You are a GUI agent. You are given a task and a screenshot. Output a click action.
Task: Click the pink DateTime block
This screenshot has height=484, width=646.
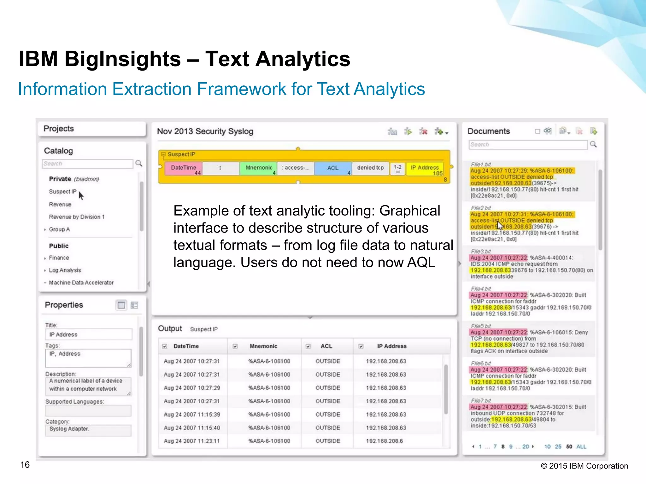[x=183, y=168]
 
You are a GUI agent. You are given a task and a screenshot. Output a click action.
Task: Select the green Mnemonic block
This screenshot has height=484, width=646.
[x=258, y=168]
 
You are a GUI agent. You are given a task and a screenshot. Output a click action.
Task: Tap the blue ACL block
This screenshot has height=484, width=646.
[x=333, y=168]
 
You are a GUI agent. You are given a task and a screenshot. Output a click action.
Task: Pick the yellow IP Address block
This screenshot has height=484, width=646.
[x=425, y=168]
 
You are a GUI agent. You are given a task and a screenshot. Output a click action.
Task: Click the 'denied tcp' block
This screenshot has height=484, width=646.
[x=370, y=168]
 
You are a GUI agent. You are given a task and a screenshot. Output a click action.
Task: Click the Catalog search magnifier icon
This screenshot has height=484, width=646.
[x=139, y=163]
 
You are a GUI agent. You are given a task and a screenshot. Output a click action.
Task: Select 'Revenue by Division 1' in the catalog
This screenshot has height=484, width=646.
[x=77, y=217]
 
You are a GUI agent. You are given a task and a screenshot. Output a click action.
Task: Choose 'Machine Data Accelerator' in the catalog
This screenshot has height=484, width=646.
[x=81, y=283]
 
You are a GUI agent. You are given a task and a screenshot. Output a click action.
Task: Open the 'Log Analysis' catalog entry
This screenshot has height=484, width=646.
[x=65, y=270]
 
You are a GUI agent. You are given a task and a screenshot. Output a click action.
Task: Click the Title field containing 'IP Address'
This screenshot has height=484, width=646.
[x=88, y=335]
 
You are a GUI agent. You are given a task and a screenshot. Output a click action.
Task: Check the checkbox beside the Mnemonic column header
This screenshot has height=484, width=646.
[x=235, y=346]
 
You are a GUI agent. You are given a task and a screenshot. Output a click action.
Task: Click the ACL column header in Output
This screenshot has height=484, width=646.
[x=326, y=346]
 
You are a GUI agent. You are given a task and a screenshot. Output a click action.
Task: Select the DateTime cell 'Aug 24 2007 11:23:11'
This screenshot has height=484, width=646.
[x=191, y=441]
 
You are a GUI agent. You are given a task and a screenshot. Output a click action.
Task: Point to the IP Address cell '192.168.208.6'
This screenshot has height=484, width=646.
[x=385, y=441]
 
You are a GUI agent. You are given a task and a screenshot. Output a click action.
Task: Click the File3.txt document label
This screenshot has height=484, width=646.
[x=481, y=251]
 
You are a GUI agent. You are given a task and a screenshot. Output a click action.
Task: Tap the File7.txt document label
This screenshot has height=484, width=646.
[x=481, y=400]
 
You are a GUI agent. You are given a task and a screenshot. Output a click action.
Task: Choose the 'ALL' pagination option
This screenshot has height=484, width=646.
[x=581, y=447]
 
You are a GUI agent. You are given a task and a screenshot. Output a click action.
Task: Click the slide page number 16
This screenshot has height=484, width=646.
[x=25, y=465]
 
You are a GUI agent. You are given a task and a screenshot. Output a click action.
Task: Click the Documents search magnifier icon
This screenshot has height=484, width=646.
[x=593, y=144]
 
